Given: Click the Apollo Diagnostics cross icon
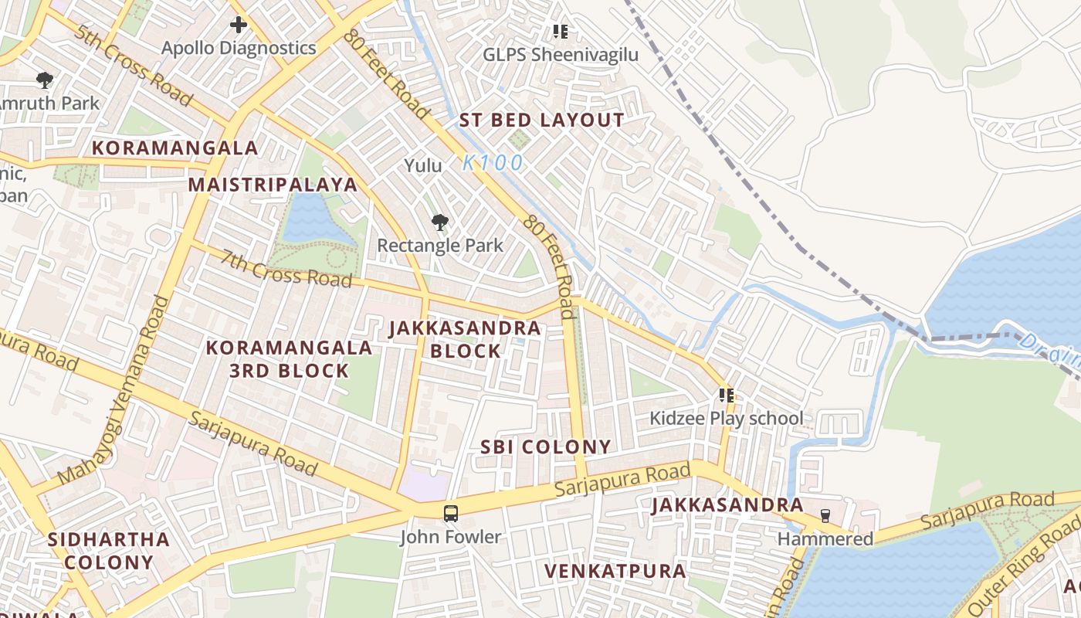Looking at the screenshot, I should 239,25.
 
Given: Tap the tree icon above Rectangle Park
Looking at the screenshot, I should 440,223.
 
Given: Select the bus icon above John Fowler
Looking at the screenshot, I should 450,513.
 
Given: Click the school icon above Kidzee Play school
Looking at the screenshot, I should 726,396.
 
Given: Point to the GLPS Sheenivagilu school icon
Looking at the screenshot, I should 561,32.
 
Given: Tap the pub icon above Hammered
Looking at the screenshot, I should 825,515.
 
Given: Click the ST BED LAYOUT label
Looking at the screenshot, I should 541,121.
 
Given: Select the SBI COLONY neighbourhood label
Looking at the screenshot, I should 546,447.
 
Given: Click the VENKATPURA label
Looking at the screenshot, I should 615,571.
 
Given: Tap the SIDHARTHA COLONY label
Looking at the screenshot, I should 109,550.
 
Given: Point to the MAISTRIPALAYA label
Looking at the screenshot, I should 273,185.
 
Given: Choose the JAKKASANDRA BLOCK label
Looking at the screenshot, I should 465,339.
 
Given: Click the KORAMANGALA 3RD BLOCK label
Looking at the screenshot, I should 290,359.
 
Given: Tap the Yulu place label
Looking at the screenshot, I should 423,165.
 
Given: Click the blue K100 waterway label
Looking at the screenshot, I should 493,163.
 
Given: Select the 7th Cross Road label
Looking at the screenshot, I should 286,268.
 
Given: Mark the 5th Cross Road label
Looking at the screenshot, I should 134,69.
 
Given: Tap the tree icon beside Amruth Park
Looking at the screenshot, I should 45,80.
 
